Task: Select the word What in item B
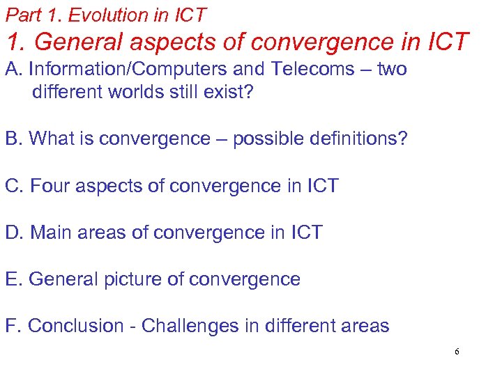click(52, 139)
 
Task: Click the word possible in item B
click(264, 139)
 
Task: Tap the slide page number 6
click(457, 352)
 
